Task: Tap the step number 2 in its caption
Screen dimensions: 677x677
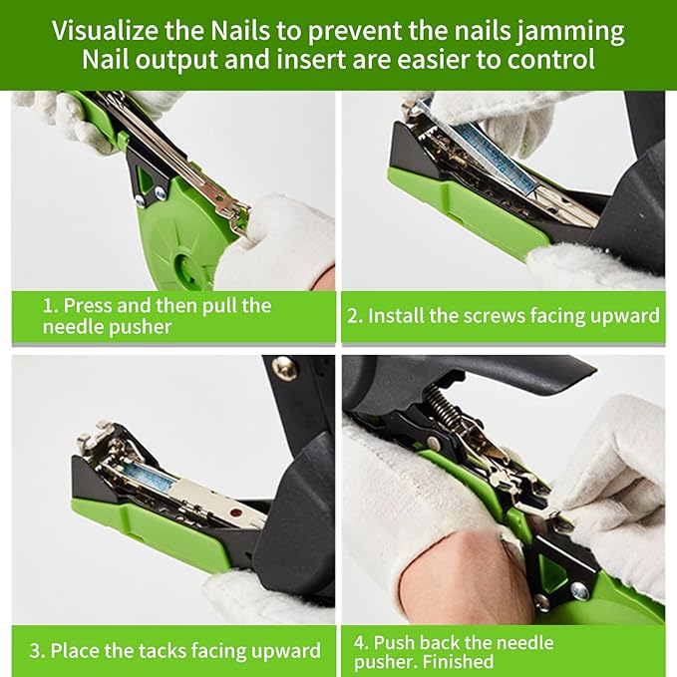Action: [x=354, y=316]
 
